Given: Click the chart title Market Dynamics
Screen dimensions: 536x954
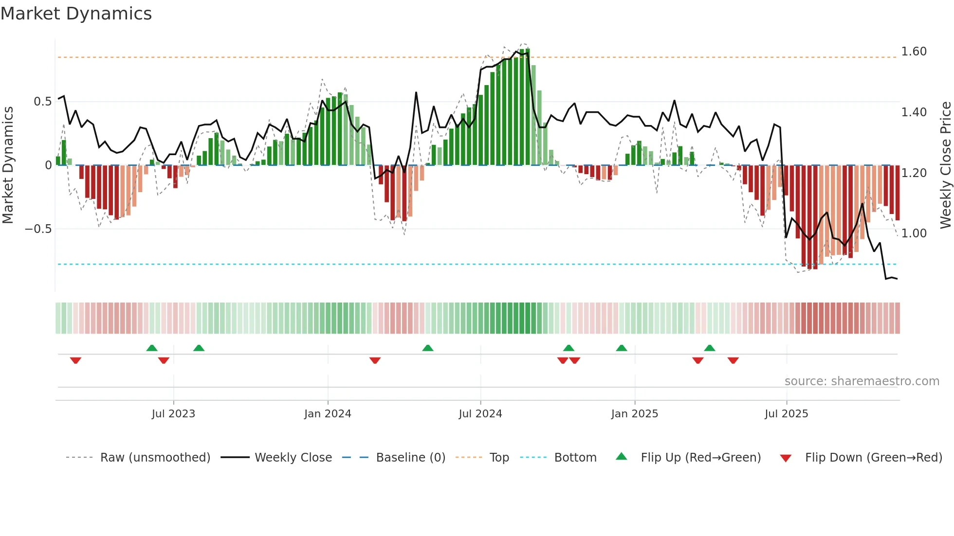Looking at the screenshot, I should coord(76,14).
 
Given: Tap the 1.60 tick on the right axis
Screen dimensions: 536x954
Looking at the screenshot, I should coord(914,52).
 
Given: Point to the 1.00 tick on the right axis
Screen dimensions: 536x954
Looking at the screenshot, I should coord(914,233).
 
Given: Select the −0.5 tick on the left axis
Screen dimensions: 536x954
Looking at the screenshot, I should coord(38,229).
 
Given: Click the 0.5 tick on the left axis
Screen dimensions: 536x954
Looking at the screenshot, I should coord(42,102).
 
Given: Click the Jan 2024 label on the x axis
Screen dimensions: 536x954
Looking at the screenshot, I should coord(328,414).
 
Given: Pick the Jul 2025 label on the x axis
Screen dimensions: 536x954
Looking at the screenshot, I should coord(786,414).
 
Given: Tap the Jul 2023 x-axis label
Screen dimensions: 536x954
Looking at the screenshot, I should coord(173,414).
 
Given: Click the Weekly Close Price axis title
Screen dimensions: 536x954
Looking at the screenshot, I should coord(945,165).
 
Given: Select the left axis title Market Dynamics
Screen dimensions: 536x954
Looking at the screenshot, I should coord(8,165).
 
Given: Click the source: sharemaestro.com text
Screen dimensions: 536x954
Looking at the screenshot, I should coord(862,381).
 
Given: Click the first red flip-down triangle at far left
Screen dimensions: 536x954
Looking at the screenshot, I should coord(75,360).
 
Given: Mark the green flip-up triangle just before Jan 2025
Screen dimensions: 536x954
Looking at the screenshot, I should coord(621,348).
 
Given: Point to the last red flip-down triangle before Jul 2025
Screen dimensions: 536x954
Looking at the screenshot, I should coord(733,360).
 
